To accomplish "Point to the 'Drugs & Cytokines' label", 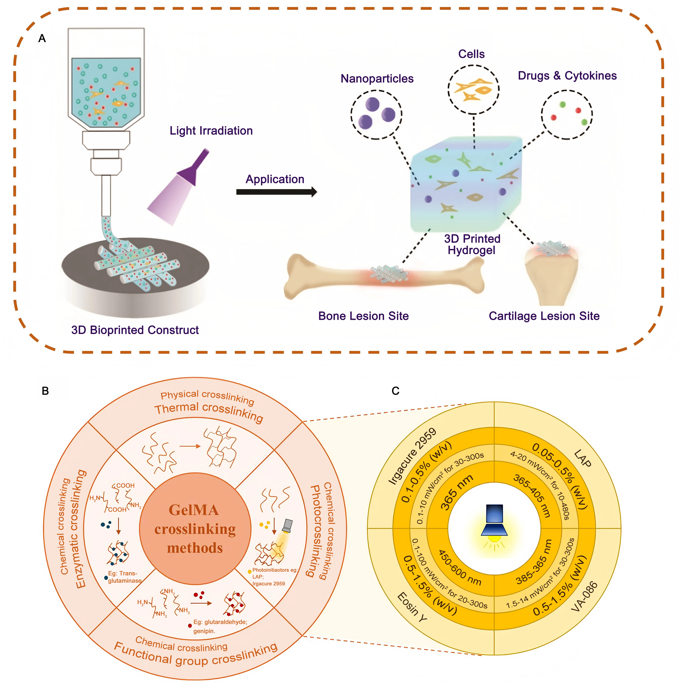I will (567, 76).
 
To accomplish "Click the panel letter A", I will (42, 38).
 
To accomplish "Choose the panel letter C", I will (396, 391).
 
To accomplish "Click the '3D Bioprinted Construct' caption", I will (135, 330).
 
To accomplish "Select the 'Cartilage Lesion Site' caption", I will (544, 316).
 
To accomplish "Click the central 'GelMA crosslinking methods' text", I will (195, 529).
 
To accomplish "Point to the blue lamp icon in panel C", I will (494, 520).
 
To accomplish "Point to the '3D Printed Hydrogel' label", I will (472, 244).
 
